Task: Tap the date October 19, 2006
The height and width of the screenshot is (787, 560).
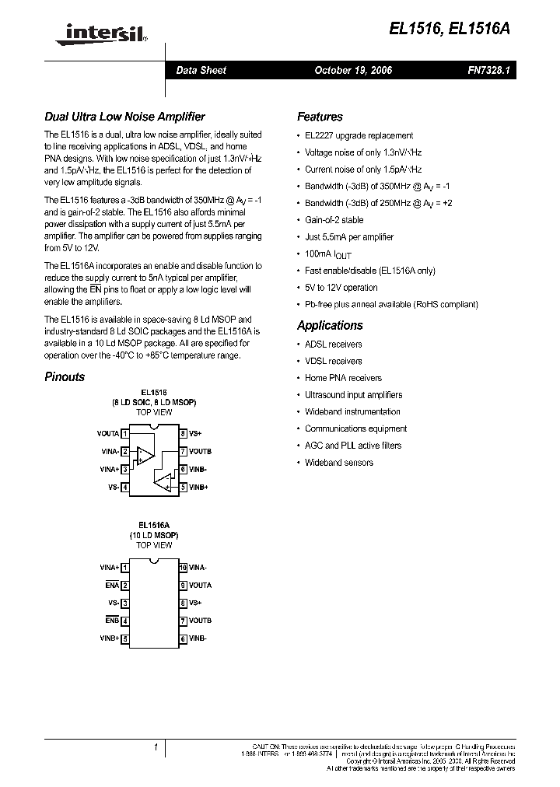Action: click(353, 70)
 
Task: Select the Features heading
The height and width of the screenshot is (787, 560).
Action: click(320, 117)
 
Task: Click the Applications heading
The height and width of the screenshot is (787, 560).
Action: click(330, 325)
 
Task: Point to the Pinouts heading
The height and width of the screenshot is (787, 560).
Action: click(65, 376)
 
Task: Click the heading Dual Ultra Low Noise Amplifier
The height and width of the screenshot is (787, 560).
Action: click(124, 117)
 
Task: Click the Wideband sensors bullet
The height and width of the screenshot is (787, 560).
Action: click(338, 463)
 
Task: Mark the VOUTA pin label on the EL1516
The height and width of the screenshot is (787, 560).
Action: click(108, 433)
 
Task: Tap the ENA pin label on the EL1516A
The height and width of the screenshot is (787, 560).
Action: click(113, 586)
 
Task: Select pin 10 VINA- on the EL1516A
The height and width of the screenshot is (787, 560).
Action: click(198, 568)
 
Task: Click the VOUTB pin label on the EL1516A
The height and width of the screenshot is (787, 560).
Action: click(200, 621)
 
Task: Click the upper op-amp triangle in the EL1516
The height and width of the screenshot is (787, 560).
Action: click(144, 454)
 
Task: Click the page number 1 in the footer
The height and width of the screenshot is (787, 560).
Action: click(156, 747)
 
